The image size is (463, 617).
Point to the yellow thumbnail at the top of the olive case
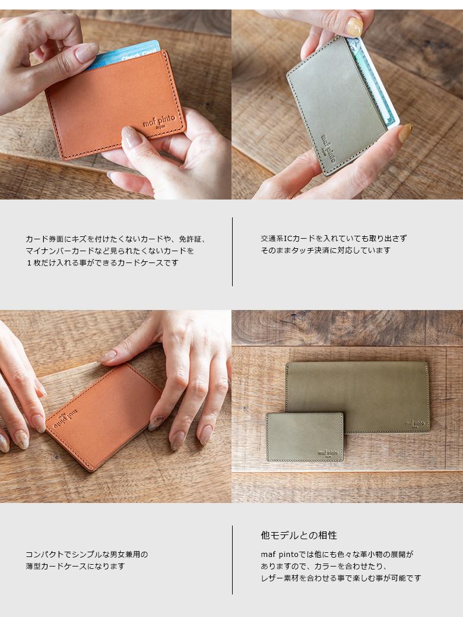(x=354, y=27)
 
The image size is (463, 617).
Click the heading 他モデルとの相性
(x=299, y=535)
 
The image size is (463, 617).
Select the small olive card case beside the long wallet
(x=305, y=437)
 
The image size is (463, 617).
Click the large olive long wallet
(x=357, y=397)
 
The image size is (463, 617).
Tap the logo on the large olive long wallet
(x=414, y=424)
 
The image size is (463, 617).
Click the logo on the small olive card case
(x=328, y=453)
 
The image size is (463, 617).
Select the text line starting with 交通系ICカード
(x=334, y=239)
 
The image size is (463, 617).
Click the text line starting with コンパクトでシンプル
(x=87, y=555)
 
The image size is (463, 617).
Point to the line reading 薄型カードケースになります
(x=75, y=567)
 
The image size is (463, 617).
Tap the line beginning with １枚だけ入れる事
(x=102, y=262)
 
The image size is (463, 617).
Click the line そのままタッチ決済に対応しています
(x=326, y=250)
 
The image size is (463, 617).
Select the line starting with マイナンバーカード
(x=110, y=251)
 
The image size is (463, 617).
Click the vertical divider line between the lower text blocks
(x=232, y=559)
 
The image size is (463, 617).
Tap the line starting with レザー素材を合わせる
(x=341, y=578)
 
